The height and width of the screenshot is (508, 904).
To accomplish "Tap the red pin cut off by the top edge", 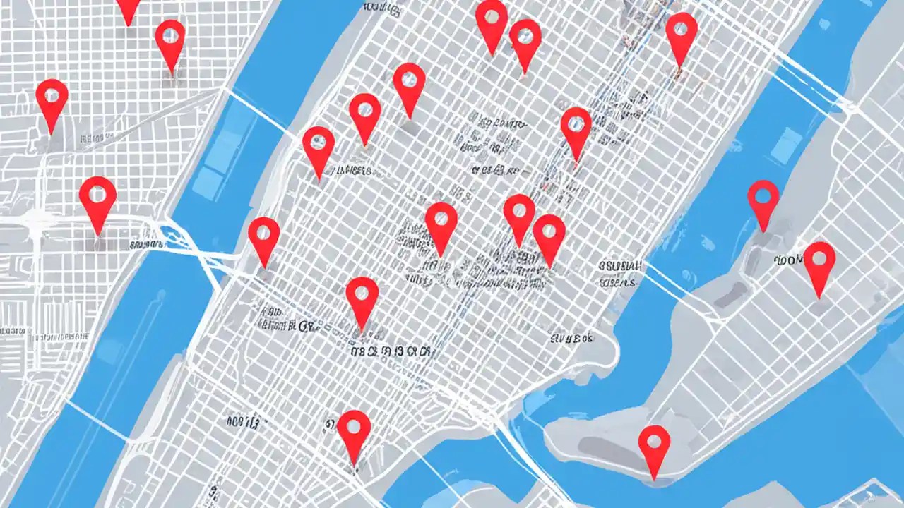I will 129,8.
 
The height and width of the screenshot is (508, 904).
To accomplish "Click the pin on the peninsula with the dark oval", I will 654,449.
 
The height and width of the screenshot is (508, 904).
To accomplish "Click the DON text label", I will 788,260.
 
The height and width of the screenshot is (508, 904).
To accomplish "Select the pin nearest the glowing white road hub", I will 97,201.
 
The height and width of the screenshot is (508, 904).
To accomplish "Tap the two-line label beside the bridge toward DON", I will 619,274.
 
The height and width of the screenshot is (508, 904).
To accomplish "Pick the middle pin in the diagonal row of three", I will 364,116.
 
